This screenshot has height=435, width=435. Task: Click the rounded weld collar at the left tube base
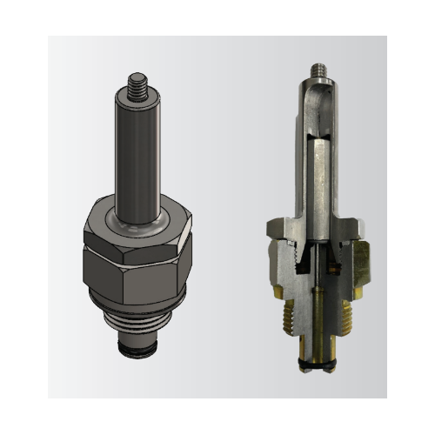(x=137, y=214)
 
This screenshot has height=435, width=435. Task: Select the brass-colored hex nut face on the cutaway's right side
(x=360, y=265)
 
